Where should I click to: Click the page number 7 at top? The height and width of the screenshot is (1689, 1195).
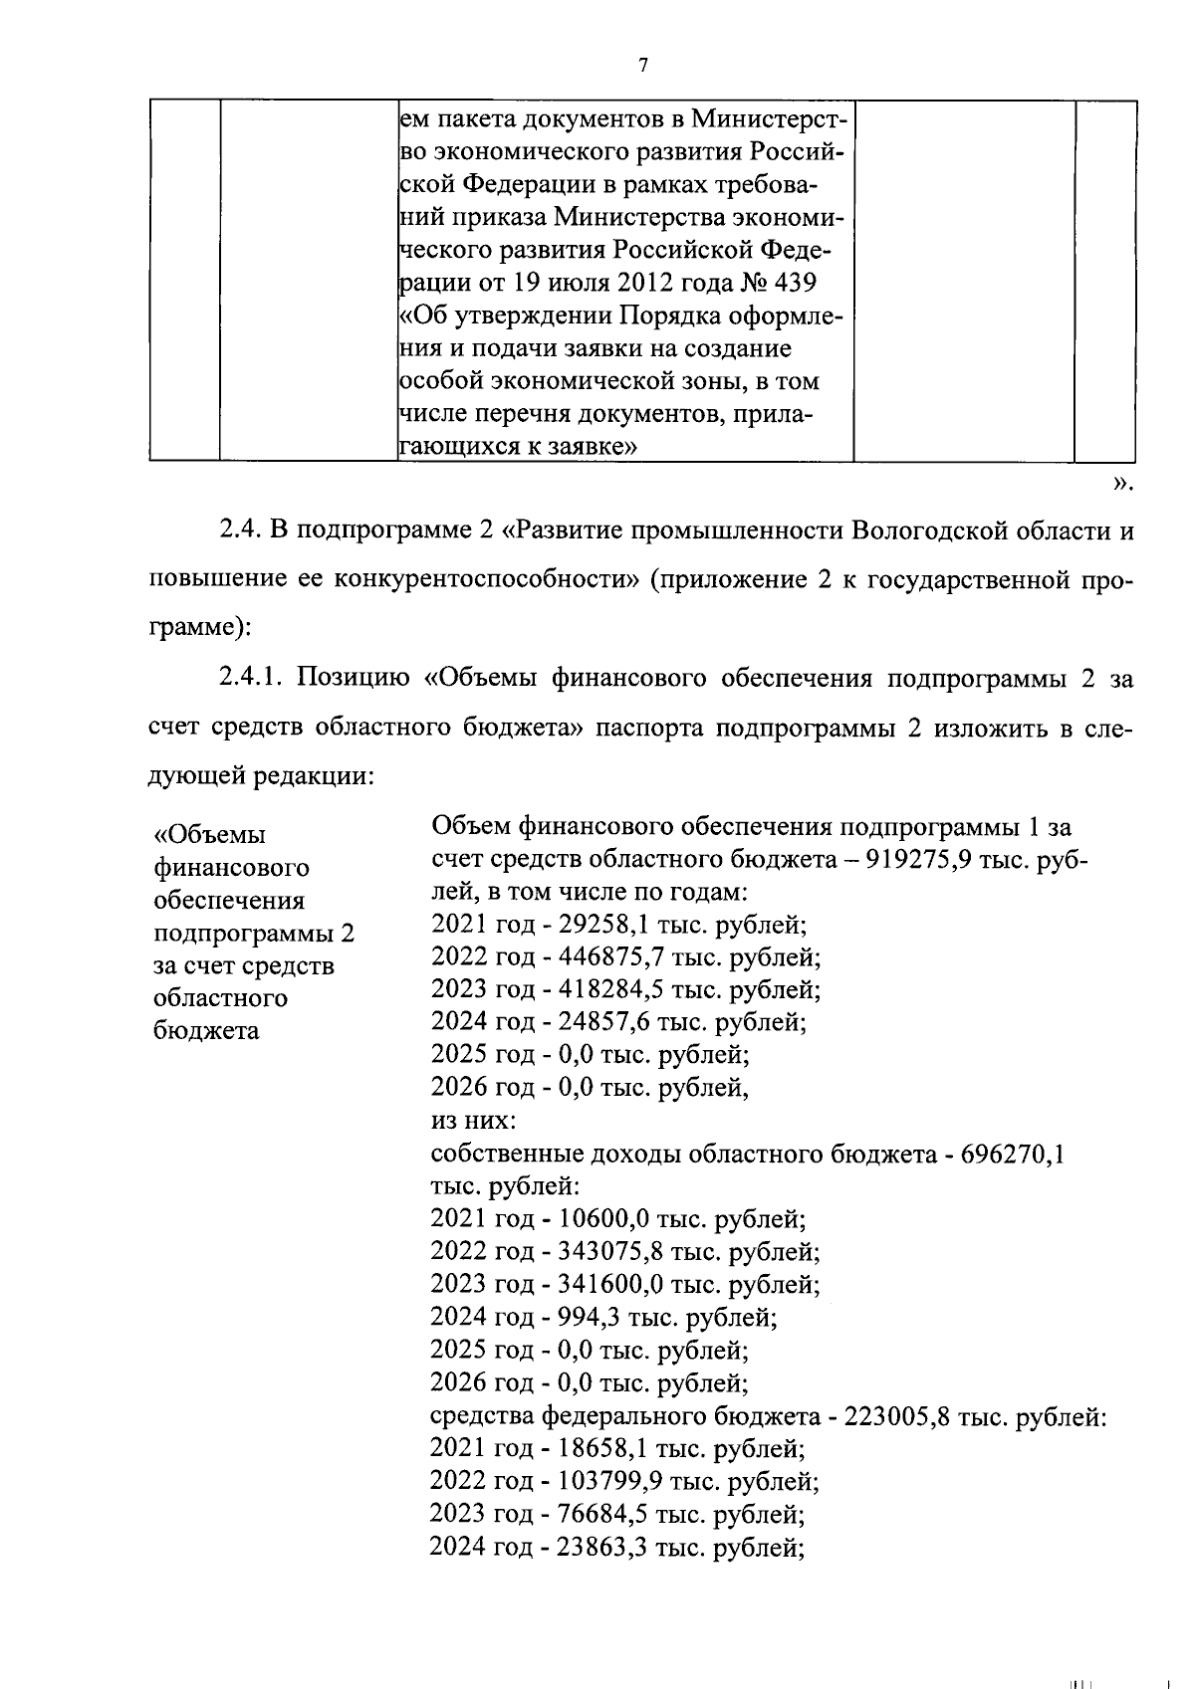point(642,66)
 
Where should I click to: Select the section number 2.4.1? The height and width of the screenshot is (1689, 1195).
point(252,679)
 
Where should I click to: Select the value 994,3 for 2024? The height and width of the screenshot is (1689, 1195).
point(593,1318)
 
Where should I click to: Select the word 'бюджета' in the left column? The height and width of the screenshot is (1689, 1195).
point(206,1031)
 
